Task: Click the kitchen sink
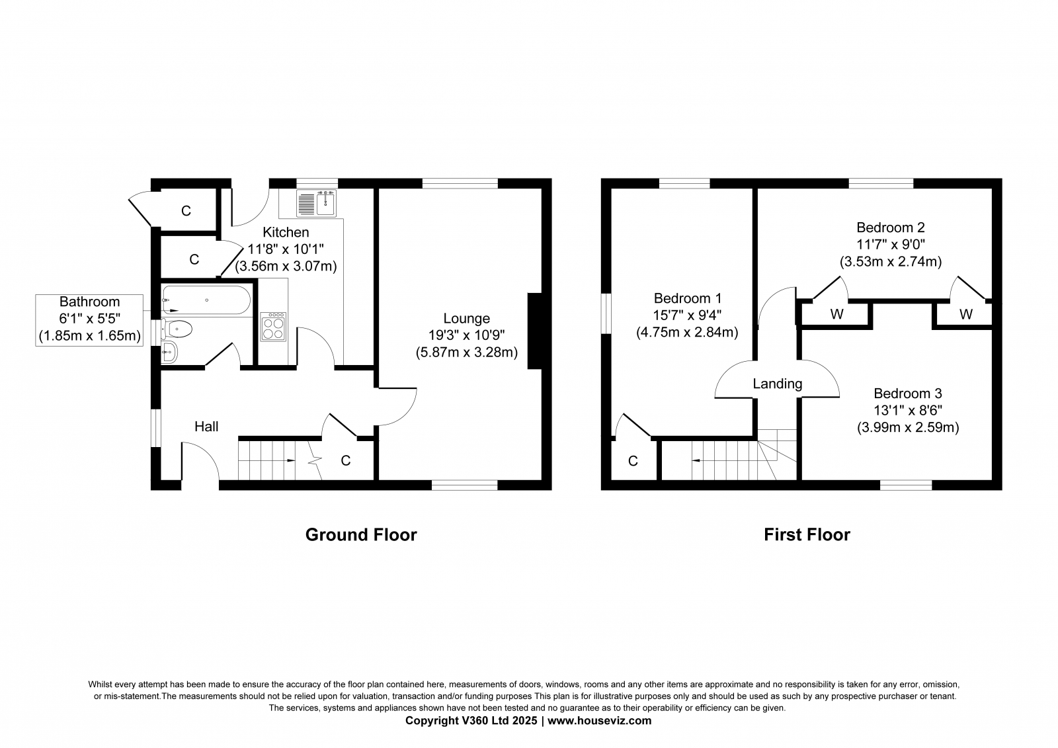(317, 203)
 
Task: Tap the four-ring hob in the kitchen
(273, 327)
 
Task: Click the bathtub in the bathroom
(206, 300)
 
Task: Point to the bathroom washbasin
(169, 352)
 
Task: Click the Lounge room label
(467, 319)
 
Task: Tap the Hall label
(206, 427)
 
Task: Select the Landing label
(778, 384)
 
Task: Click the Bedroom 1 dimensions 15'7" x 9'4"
(687, 315)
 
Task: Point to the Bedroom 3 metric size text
(908, 428)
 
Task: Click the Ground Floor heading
(361, 535)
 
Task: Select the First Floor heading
(807, 535)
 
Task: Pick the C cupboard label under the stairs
(346, 461)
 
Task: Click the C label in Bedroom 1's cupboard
(633, 461)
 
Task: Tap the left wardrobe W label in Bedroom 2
(836, 314)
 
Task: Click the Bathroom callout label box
(89, 320)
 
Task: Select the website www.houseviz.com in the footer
(599, 721)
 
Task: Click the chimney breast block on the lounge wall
(535, 331)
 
